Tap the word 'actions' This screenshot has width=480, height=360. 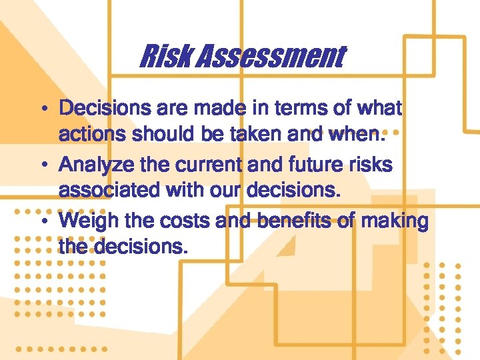pyautogui.click(x=90, y=135)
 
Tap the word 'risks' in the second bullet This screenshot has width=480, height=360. pyautogui.click(x=375, y=165)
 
